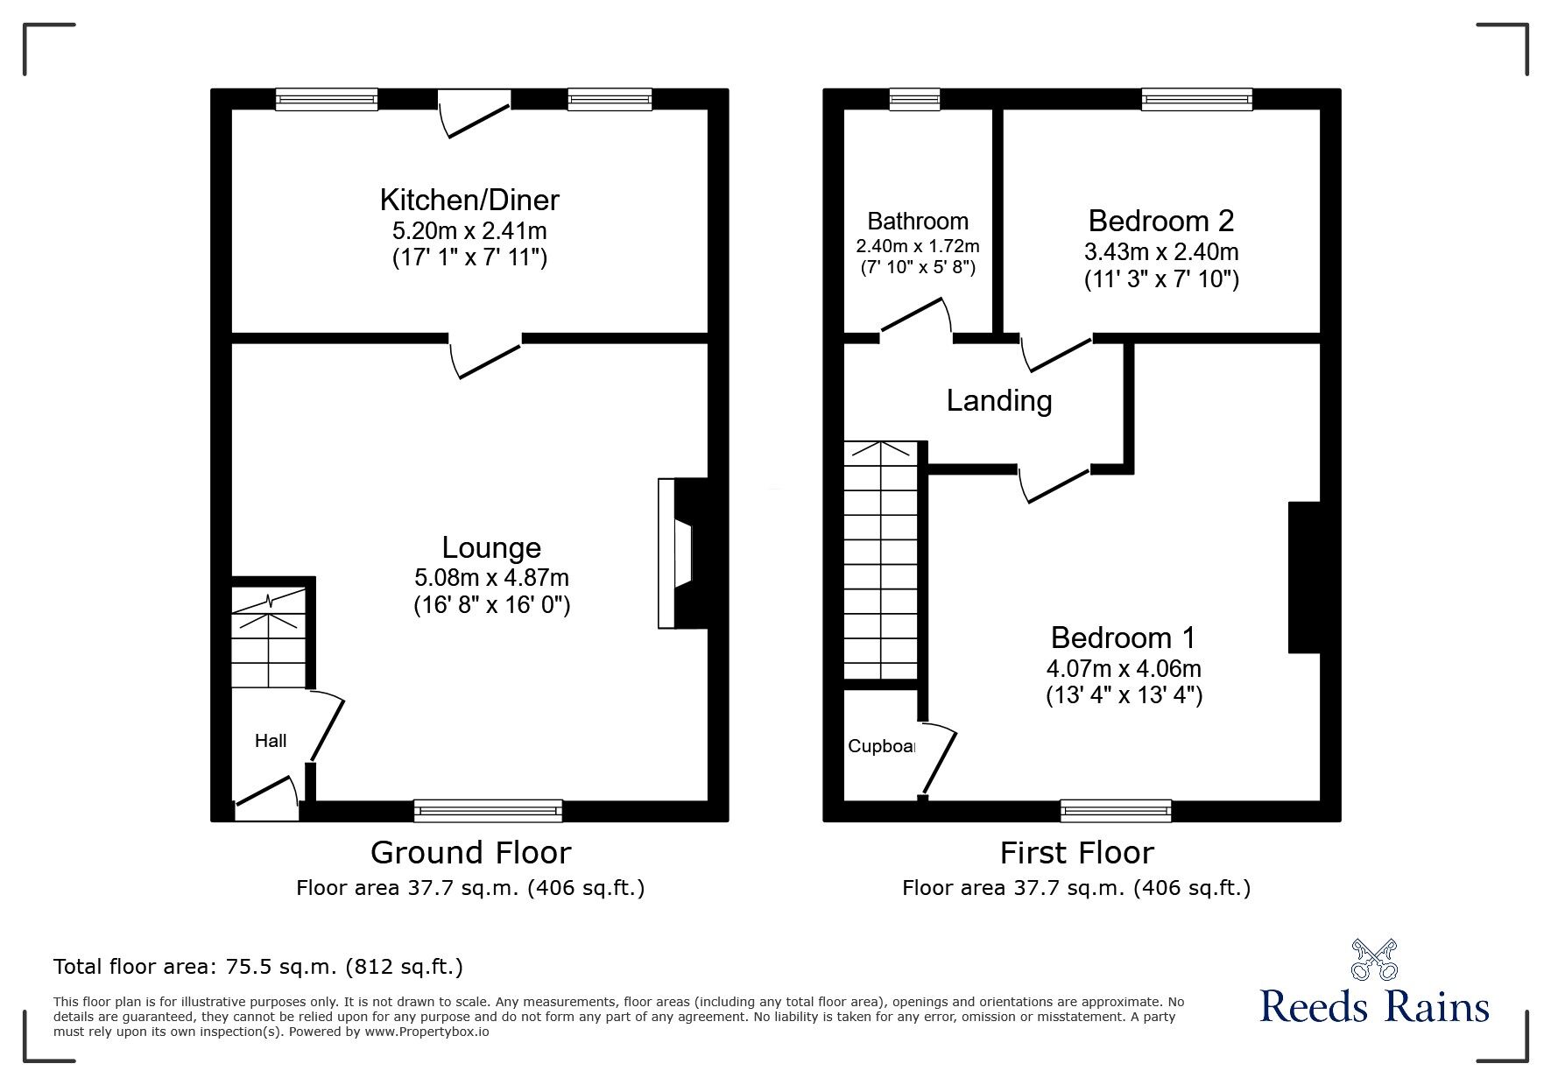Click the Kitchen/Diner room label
(x=469, y=200)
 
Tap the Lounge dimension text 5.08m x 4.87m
(x=491, y=578)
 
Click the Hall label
(x=271, y=741)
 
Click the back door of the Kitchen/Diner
(x=474, y=114)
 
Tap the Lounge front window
(x=488, y=811)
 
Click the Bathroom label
(x=918, y=221)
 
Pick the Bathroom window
(x=914, y=100)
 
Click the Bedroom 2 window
(x=1196, y=100)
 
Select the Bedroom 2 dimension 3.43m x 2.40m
(x=1161, y=252)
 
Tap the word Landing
(x=998, y=401)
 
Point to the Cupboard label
(x=881, y=746)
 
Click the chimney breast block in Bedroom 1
(x=1303, y=578)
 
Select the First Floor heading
(x=1076, y=852)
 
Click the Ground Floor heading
(x=470, y=852)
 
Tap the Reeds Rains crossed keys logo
(x=1374, y=961)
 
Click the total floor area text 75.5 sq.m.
(x=258, y=967)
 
